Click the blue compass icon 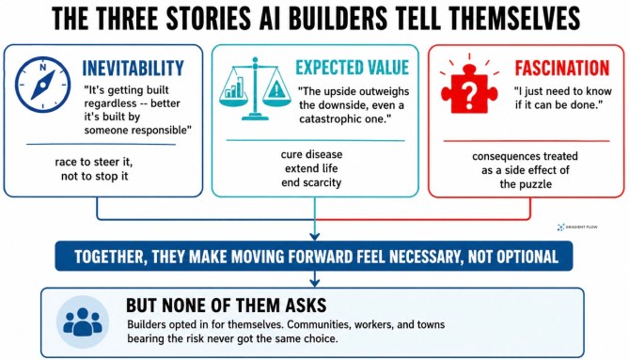[x=43, y=85]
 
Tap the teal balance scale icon [x=255, y=88]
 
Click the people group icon [x=83, y=321]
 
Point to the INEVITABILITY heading [x=134, y=69]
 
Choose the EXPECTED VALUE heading [x=353, y=68]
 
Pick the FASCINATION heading [x=562, y=69]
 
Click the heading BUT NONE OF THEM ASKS [x=227, y=305]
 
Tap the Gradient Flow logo [x=577, y=227]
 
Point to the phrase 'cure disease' [x=312, y=154]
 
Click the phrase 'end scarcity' [x=311, y=182]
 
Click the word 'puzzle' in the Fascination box [x=536, y=184]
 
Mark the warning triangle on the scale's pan [x=276, y=90]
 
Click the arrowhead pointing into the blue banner [x=314, y=237]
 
